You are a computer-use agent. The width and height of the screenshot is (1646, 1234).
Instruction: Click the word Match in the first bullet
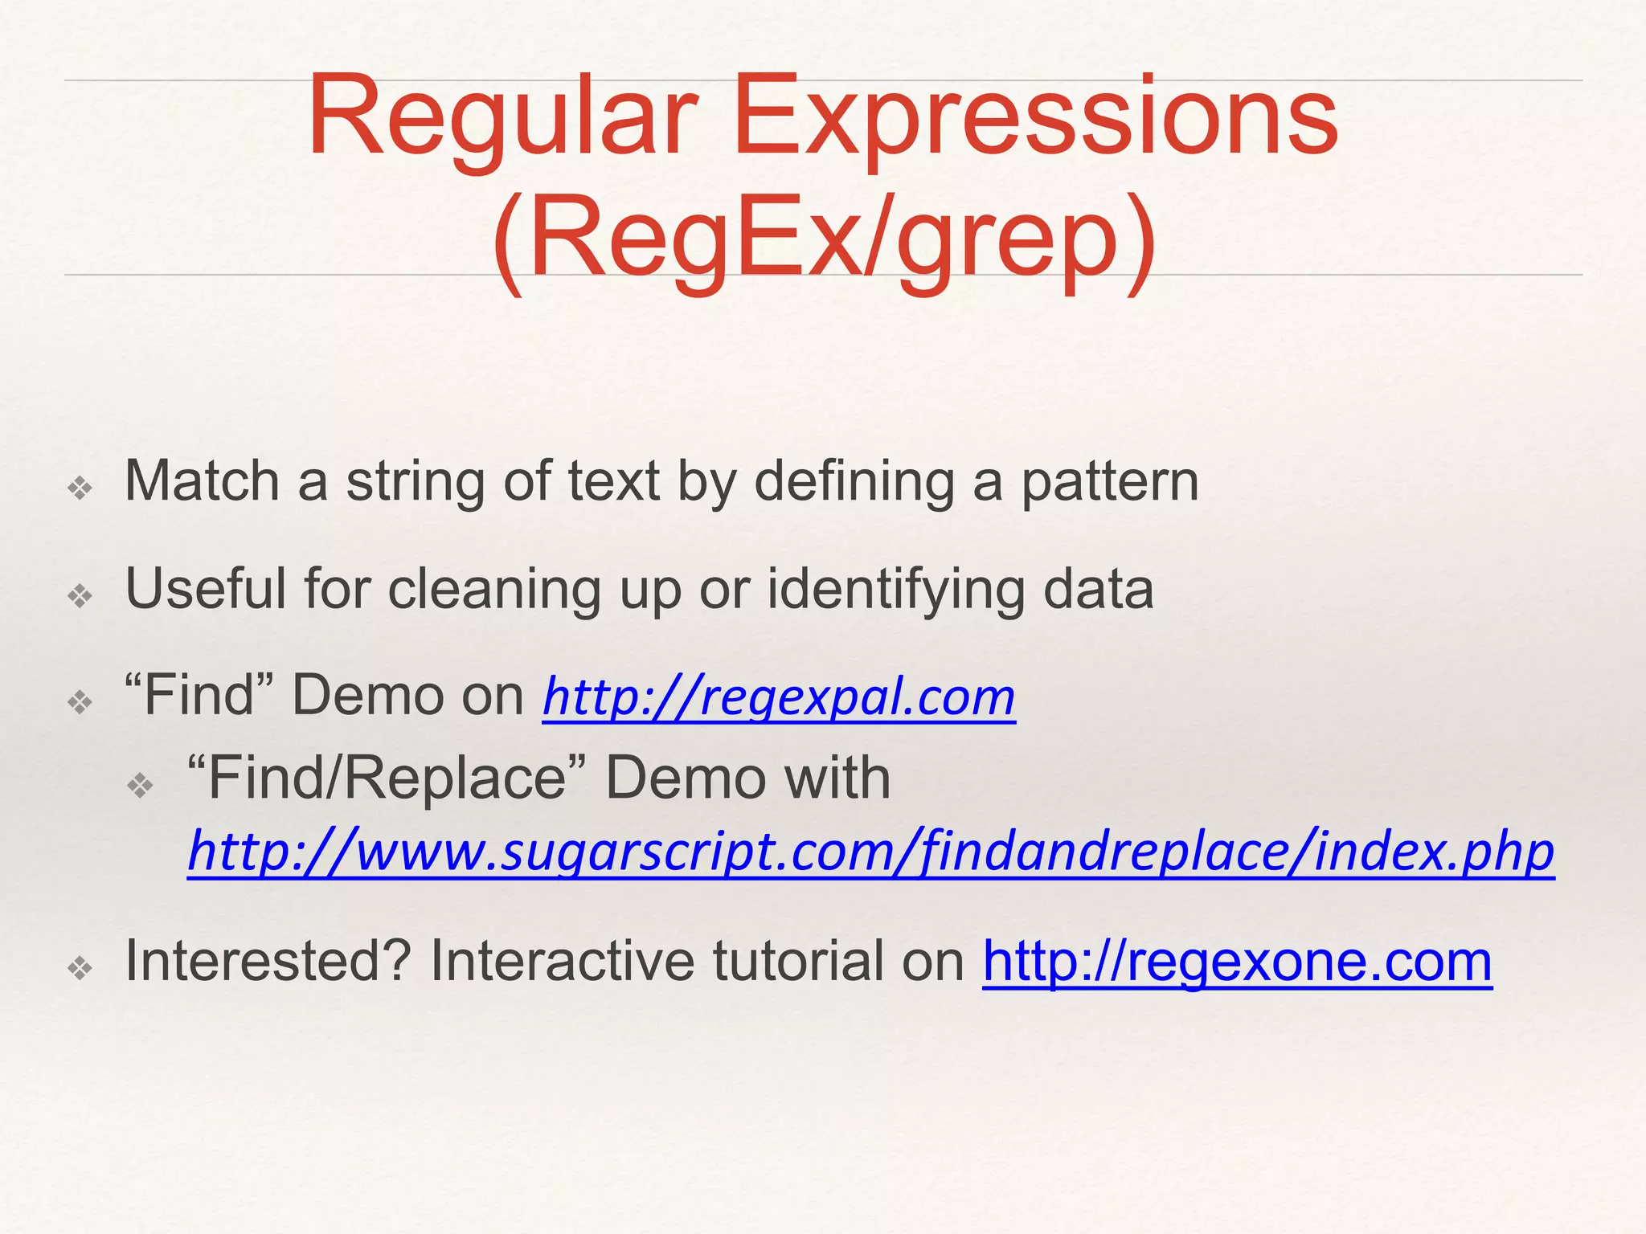202,481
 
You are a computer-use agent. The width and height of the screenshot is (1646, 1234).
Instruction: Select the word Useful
205,589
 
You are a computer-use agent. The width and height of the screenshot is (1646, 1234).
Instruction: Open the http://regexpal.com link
779,697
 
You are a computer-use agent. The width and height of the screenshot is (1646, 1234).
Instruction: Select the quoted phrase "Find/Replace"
386,778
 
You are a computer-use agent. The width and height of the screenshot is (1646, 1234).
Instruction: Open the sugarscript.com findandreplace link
870,852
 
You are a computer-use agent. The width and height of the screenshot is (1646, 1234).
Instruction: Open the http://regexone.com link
1237,961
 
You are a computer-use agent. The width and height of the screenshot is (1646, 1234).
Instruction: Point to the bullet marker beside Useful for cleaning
80,596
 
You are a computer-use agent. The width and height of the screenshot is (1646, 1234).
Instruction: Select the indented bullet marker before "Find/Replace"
141,785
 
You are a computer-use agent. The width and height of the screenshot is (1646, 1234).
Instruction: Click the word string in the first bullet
415,483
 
